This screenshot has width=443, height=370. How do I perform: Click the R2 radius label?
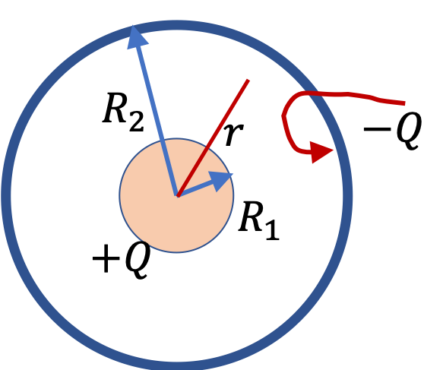(123, 112)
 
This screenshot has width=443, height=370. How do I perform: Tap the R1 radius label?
(259, 220)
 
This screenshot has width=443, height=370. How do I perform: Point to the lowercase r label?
(234, 134)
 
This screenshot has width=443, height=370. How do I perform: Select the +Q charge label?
(121, 260)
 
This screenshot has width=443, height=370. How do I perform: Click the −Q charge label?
(393, 130)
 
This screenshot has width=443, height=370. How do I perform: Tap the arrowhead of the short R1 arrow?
(221, 181)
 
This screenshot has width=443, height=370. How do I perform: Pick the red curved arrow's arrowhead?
(322, 152)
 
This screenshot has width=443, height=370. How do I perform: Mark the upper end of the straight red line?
(248, 81)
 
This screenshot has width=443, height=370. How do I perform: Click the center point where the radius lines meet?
(177, 195)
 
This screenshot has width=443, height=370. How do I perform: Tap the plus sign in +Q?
(106, 258)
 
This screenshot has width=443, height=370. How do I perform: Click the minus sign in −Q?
(378, 129)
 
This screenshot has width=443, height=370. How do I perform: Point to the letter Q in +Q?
(137, 260)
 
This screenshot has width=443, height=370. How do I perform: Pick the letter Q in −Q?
(409, 130)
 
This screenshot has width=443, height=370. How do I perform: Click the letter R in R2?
(115, 108)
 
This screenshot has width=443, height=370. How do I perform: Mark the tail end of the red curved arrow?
(404, 103)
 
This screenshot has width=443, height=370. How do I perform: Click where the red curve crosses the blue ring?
(315, 93)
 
